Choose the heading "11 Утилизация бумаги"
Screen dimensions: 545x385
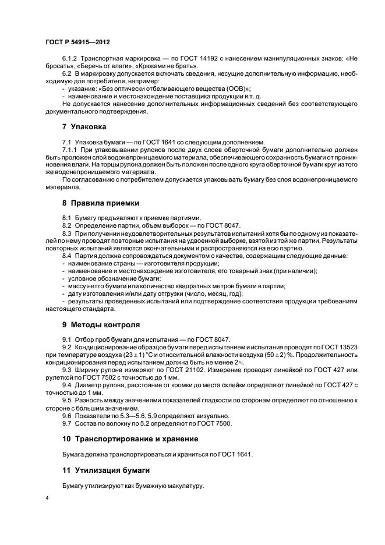[105, 469]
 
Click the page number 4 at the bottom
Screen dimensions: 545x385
[47, 498]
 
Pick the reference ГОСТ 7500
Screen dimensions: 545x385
[216, 423]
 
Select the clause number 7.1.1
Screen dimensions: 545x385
[70, 149]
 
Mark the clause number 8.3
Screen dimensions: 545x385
[67, 233]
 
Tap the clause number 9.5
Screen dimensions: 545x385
[67, 401]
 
